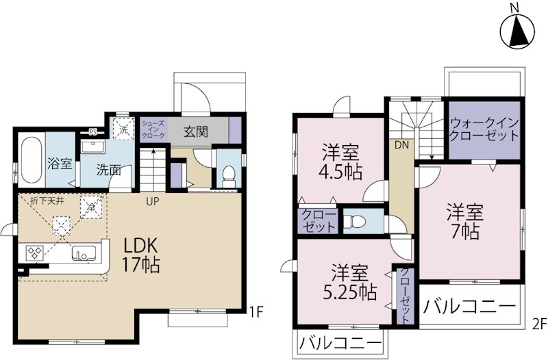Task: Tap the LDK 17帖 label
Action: [141, 254]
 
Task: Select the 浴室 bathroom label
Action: [60, 164]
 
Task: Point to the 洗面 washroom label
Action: [108, 170]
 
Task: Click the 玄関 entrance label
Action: [196, 131]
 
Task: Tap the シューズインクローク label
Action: [153, 130]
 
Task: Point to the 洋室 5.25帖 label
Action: [348, 283]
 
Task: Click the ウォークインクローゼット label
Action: [485, 129]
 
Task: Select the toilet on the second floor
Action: [353, 222]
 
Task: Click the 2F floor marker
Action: [539, 322]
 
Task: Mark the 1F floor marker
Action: [256, 313]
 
